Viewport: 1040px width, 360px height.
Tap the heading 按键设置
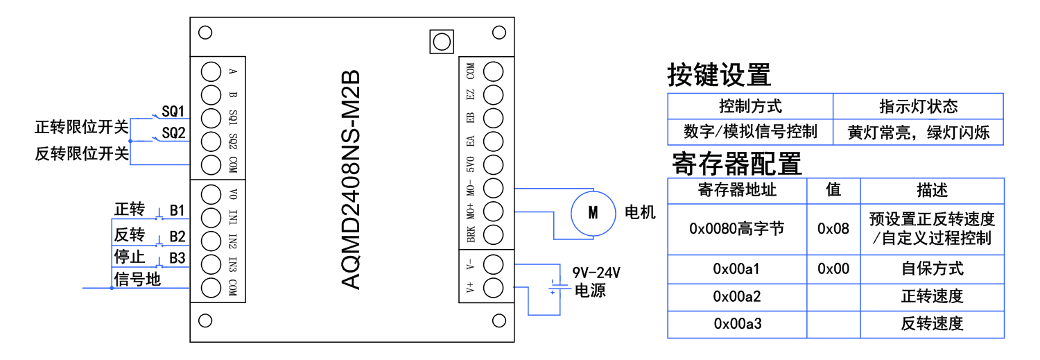(719, 75)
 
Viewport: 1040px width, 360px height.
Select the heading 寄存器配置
(736, 164)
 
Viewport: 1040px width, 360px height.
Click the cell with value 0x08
(833, 229)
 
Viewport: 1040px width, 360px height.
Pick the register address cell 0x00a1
(737, 268)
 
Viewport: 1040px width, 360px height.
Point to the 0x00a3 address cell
(737, 324)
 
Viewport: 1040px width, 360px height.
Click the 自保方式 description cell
(932, 268)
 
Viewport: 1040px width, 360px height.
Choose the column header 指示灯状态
(918, 106)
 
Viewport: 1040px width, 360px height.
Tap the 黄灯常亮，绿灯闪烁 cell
(918, 132)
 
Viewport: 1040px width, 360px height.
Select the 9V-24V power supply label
(596, 272)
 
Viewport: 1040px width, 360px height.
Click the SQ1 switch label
(173, 111)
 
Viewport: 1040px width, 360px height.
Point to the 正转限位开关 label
(82, 128)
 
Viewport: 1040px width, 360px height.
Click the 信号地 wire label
(137, 280)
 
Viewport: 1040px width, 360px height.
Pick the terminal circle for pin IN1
(211, 217)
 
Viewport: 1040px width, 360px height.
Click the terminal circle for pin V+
(493, 287)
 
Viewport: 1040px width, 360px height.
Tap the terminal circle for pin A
(211, 71)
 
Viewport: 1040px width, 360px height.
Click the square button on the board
(440, 42)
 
